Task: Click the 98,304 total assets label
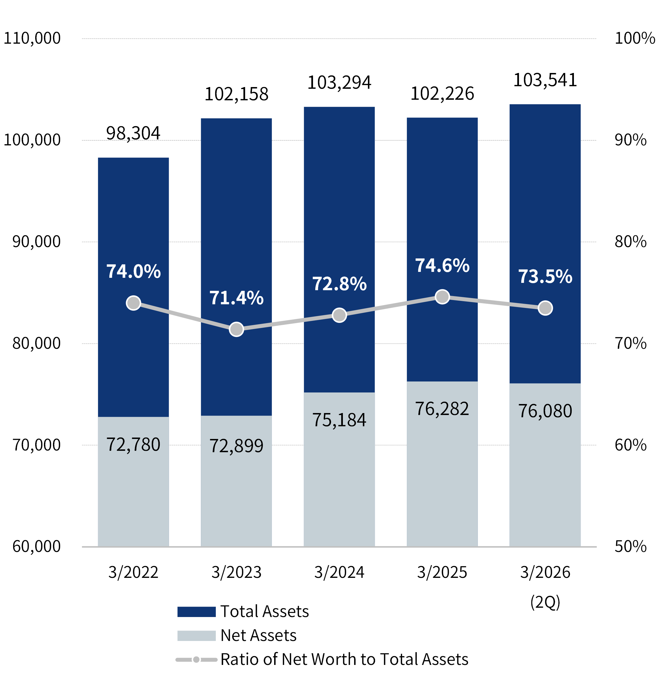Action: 133,133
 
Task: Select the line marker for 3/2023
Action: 236,329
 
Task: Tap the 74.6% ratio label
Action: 442,266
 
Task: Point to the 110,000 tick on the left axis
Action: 32,38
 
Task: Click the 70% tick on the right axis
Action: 630,343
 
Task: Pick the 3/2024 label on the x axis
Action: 339,572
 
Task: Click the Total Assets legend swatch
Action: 196,612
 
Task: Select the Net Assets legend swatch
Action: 196,636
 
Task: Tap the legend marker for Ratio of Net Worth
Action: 196,660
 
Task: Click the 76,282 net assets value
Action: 442,409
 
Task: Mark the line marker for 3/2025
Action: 442,297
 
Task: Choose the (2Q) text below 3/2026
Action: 545,602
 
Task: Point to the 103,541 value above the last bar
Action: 545,80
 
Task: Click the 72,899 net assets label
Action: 236,446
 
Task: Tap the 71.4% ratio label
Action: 236,298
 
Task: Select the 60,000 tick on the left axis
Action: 36,546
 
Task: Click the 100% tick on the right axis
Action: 635,38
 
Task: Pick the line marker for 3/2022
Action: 133,303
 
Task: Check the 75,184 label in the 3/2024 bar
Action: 339,420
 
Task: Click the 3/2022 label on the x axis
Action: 133,572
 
